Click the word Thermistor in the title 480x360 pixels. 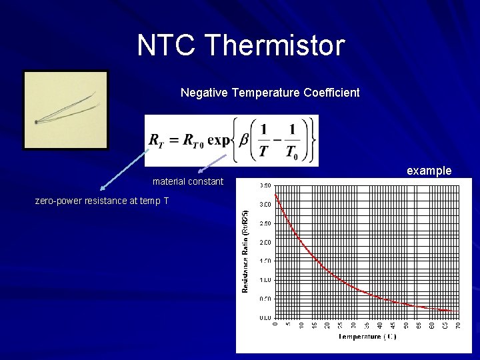point(275,45)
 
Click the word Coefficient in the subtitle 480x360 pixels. point(333,93)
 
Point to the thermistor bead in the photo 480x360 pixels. point(36,122)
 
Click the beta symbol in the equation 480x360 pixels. point(246,140)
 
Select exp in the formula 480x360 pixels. point(218,141)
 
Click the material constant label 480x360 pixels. point(188,181)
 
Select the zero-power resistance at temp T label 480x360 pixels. point(101,201)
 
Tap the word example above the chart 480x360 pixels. point(429,171)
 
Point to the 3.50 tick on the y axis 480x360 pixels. point(265,185)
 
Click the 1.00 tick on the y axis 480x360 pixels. point(265,280)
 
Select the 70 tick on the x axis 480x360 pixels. point(458,325)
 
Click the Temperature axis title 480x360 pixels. point(367,337)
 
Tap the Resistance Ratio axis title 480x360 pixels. point(245,250)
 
